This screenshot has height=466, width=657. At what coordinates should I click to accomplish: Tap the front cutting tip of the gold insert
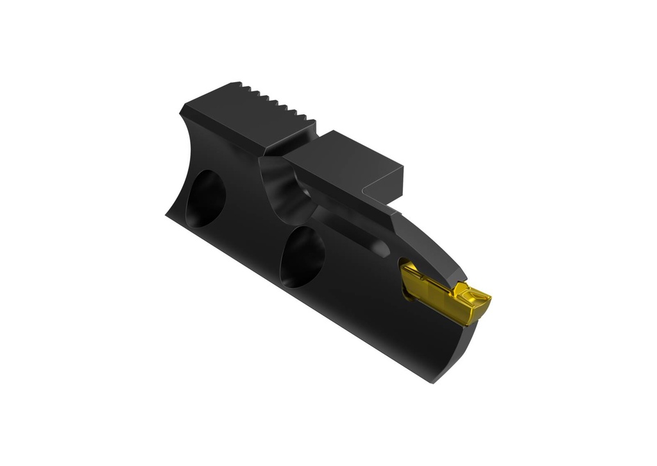[x=488, y=299]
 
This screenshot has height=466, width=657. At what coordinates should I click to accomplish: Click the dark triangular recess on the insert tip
[x=474, y=296]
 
